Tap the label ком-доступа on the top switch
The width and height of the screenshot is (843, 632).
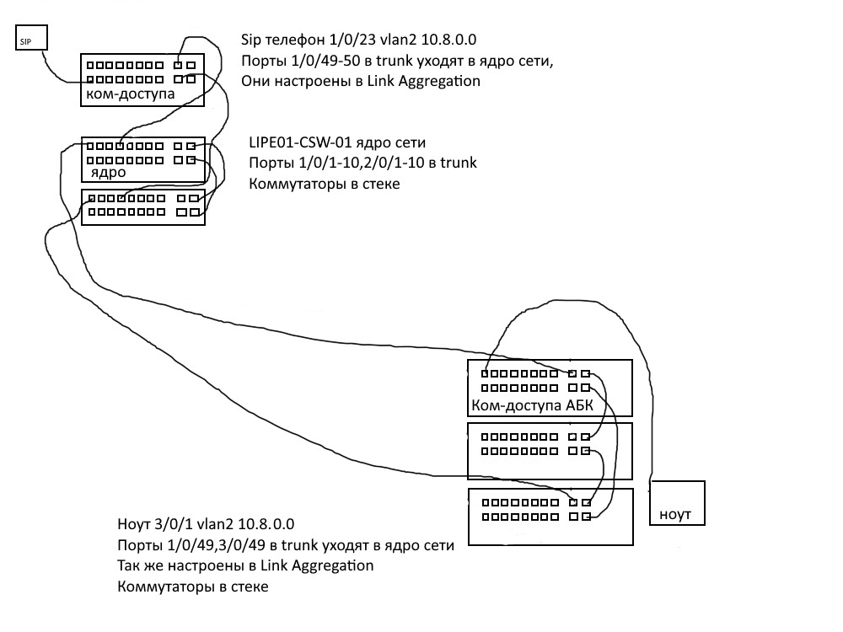click(x=131, y=94)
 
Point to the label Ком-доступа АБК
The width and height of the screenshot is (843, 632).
click(x=533, y=407)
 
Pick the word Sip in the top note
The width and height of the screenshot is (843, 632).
click(x=252, y=40)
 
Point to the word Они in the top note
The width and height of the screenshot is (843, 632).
click(x=257, y=82)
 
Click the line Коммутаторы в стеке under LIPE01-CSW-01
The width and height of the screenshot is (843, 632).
click(x=324, y=183)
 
